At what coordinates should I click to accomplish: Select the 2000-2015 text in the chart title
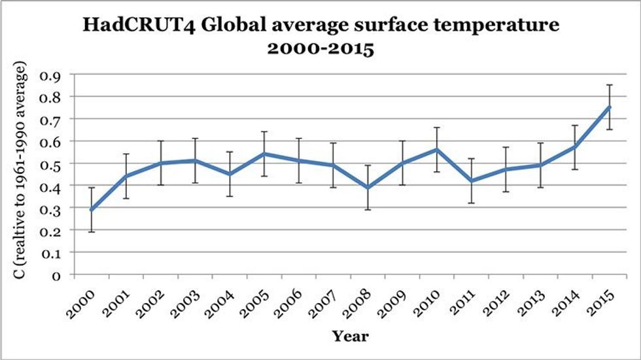pos(320,50)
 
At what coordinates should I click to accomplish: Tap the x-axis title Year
pos(349,336)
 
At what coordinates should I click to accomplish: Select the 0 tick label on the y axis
pos(56,275)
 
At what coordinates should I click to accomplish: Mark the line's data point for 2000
pos(91,209)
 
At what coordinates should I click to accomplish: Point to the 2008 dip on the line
pos(368,187)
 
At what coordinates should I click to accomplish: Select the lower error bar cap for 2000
pos(91,232)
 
